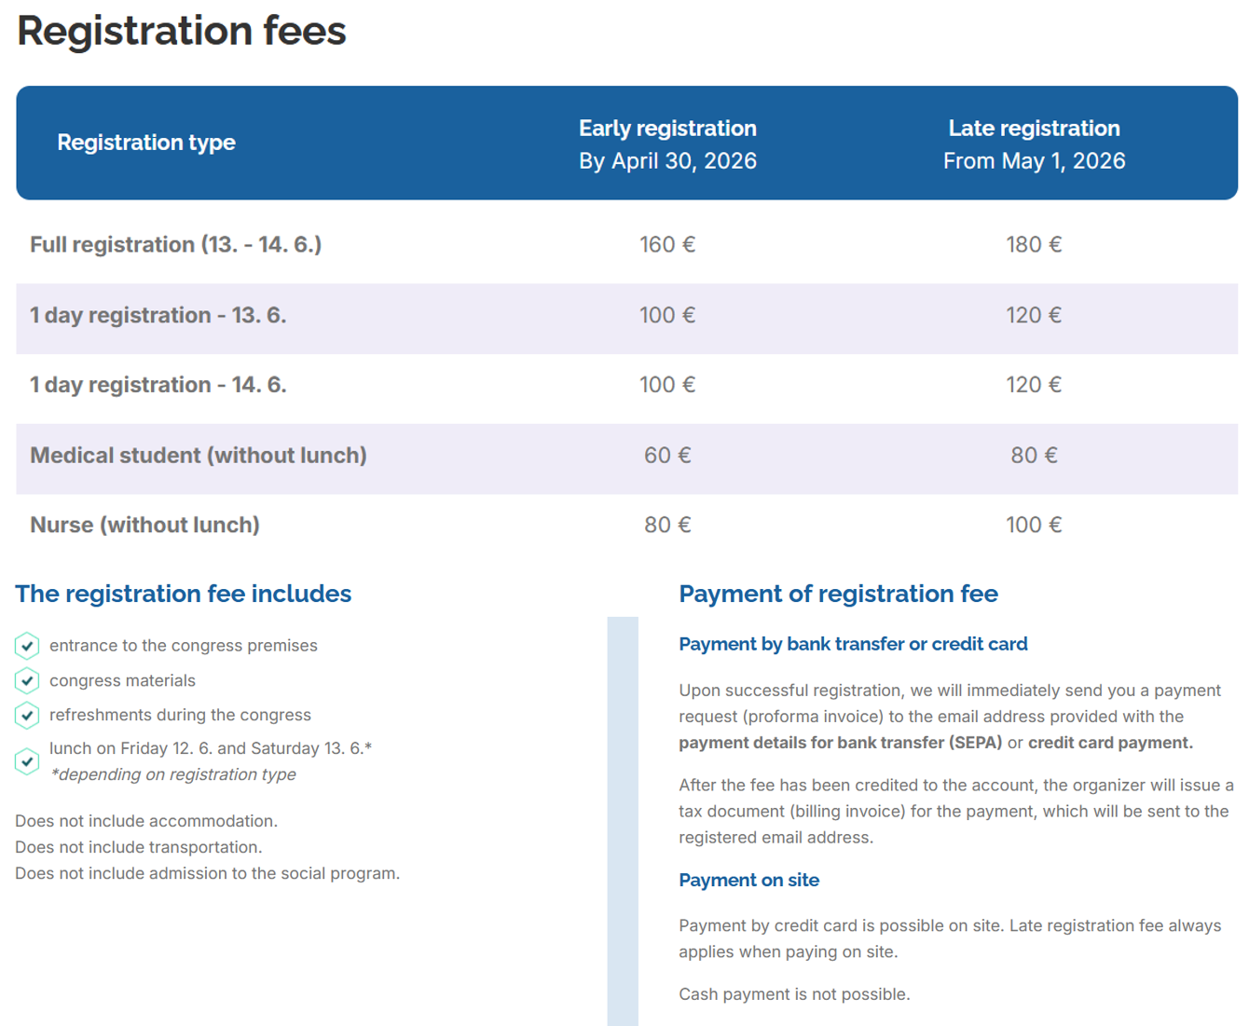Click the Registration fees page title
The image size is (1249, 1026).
point(182,31)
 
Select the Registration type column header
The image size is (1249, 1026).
point(146,143)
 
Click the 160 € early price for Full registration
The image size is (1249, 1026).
point(667,244)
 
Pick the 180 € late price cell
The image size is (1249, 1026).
point(1034,244)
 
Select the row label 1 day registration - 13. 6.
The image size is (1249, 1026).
point(158,315)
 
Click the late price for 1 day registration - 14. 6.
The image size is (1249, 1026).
point(1034,385)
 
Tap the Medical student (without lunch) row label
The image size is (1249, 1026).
point(199,456)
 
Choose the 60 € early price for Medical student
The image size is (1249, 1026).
point(667,456)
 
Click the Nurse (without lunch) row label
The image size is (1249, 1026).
point(145,525)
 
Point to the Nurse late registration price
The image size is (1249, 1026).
point(1034,525)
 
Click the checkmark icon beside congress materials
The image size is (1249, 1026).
point(27,680)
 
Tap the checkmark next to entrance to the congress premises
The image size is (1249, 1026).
point(27,646)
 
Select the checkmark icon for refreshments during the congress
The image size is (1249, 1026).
point(27,715)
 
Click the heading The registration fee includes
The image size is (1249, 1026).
point(184,594)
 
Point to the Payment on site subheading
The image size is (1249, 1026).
point(749,880)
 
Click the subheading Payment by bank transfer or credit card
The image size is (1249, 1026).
point(853,644)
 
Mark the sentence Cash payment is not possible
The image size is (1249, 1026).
point(794,994)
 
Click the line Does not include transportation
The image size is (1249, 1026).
point(139,847)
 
